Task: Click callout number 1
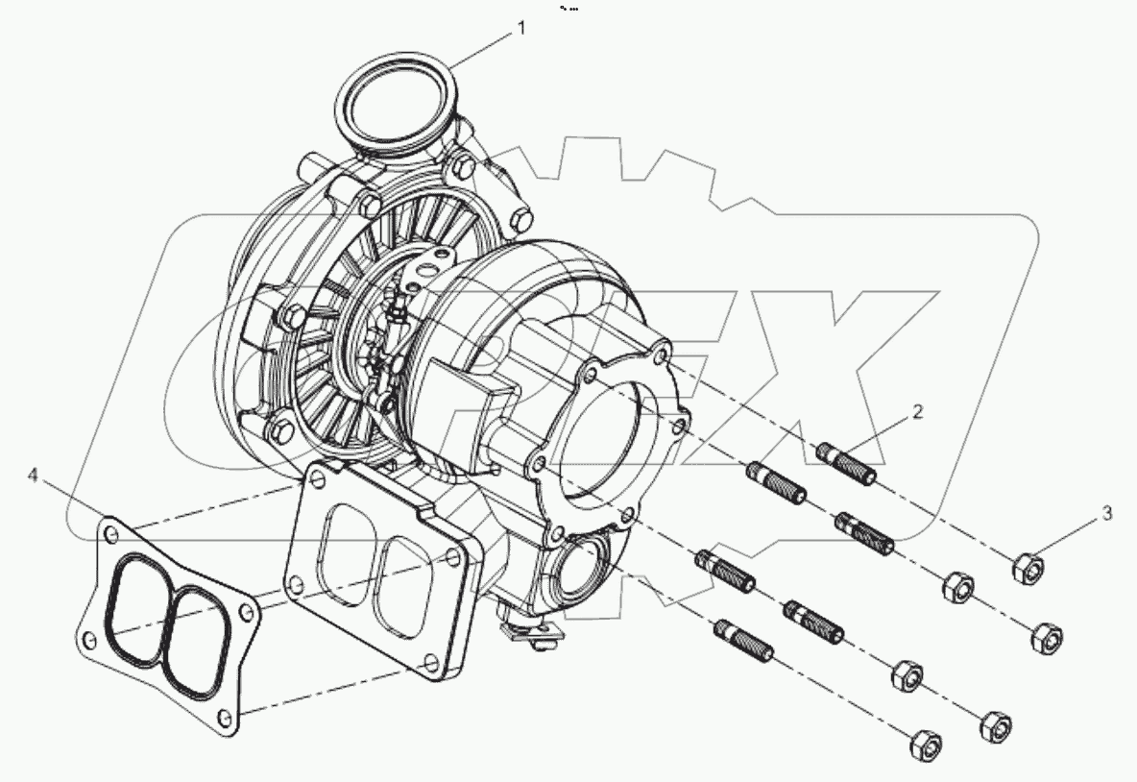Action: pyautogui.click(x=521, y=29)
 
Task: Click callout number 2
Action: pyautogui.click(x=918, y=412)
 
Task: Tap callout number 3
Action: pyautogui.click(x=1107, y=514)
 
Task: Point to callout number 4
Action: pyautogui.click(x=33, y=476)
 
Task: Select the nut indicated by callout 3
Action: pyautogui.click(x=1028, y=568)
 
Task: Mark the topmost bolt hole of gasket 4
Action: pyautogui.click(x=112, y=530)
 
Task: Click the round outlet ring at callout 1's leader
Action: pyautogui.click(x=393, y=103)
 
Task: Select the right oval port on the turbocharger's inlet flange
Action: pyautogui.click(x=407, y=586)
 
